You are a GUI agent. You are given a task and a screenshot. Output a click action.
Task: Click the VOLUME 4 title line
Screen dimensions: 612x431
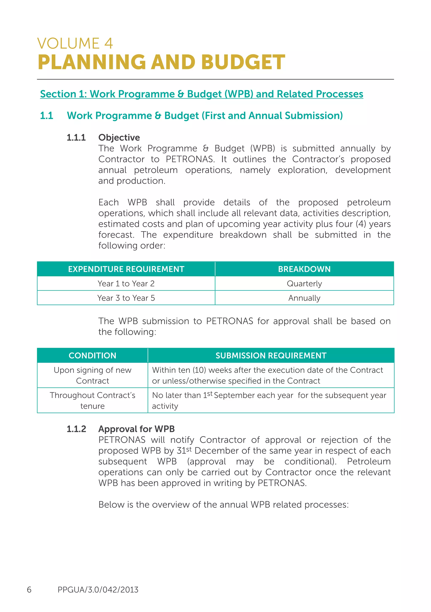pos(75,43)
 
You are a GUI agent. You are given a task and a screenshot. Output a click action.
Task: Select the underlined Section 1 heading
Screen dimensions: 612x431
pos(201,94)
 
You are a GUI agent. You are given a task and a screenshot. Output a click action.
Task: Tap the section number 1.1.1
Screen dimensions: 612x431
pos(76,138)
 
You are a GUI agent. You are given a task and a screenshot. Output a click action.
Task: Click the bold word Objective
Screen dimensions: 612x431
pos(119,138)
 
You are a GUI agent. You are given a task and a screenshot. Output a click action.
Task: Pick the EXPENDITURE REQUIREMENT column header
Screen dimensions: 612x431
pos(126,269)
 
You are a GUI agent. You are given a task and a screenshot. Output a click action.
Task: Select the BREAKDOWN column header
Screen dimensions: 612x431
pos(304,269)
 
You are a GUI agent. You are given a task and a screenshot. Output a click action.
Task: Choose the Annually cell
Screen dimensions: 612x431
pos(304,298)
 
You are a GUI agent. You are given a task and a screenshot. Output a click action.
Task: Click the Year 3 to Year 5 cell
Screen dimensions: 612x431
pos(126,298)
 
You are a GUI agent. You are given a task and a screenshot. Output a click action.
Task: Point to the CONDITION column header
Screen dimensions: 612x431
pos(92,355)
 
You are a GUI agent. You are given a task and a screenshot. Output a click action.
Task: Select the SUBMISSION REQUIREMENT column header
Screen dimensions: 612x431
pos(271,355)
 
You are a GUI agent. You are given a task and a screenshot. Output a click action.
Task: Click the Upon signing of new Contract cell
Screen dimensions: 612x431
pos(92,375)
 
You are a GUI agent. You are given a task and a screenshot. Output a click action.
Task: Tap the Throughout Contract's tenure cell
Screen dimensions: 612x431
pos(92,400)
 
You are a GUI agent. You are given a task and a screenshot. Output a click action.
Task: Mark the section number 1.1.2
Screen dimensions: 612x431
pos(76,429)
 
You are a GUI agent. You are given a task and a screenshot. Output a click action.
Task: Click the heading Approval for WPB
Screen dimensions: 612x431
pos(136,429)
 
